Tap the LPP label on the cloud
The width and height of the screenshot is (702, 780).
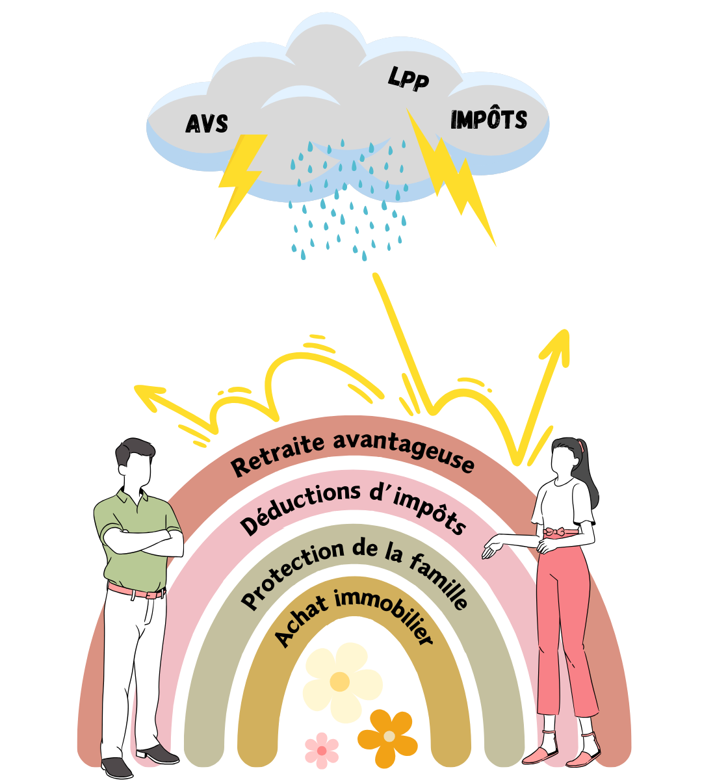[409, 79]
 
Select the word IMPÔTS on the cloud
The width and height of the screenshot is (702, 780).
[488, 120]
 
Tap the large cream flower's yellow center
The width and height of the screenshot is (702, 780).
[339, 681]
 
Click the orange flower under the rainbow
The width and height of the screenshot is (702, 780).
[388, 737]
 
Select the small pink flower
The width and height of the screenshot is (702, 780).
[322, 751]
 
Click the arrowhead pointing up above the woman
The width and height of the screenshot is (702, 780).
[560, 341]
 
